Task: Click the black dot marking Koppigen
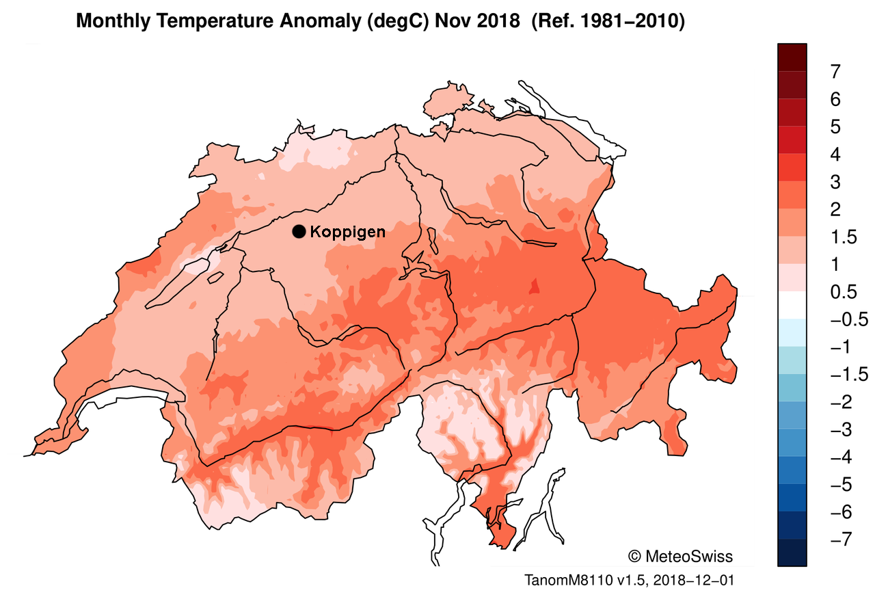point(299,232)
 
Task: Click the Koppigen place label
point(347,232)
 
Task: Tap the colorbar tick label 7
point(835,71)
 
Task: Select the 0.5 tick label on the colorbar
point(843,292)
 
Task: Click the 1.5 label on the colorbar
point(843,237)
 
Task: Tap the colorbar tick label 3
point(835,182)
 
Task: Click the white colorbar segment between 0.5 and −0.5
point(792,306)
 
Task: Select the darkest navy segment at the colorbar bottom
point(792,553)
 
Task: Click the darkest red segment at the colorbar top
point(792,57)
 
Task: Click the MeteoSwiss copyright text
point(679,555)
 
